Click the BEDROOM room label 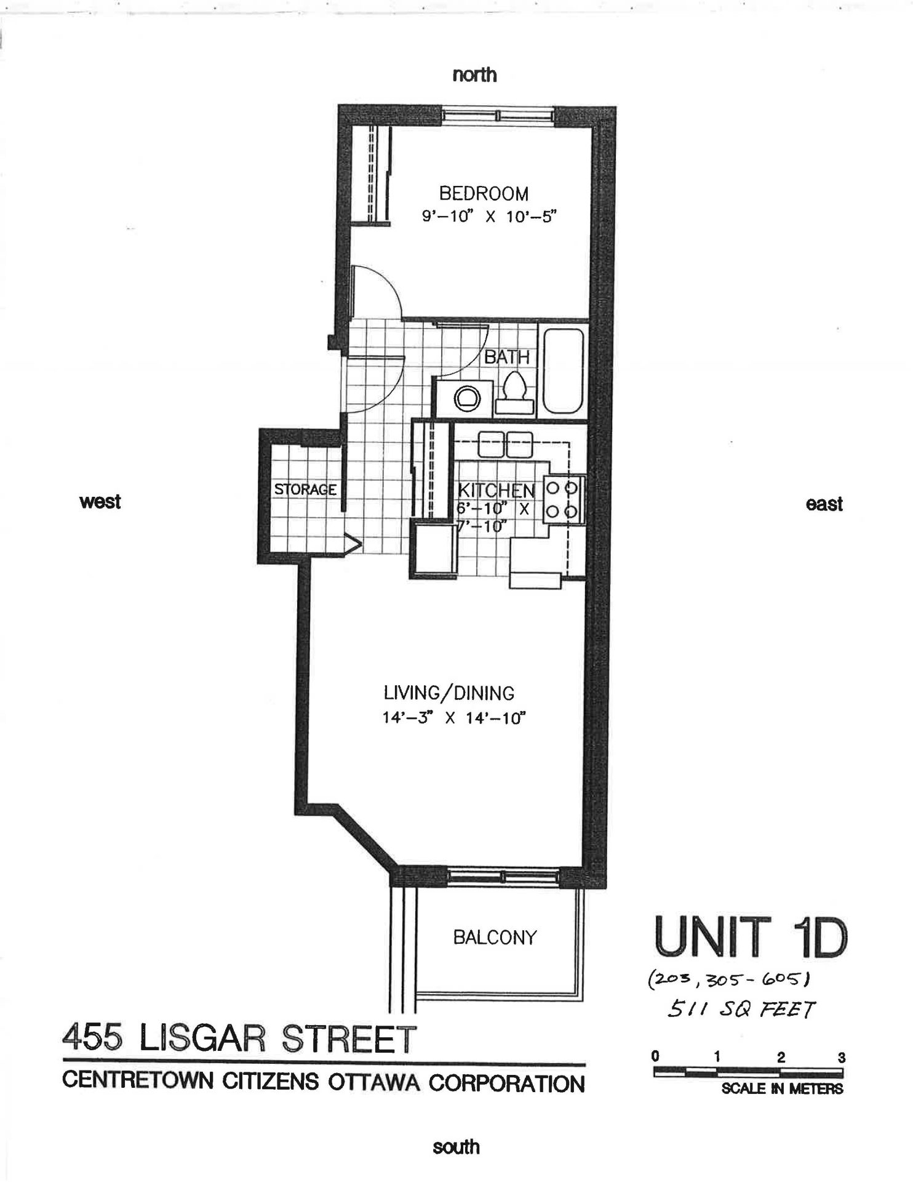tap(484, 194)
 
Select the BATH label tap(506, 357)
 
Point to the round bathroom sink tap(466, 399)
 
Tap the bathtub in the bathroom tap(563, 371)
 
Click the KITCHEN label tap(496, 490)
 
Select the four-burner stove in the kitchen tap(562, 499)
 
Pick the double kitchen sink tap(505, 444)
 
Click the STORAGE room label tap(305, 490)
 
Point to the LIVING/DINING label tap(449, 693)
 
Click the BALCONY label tap(495, 938)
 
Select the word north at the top tap(474, 75)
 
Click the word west tap(100, 502)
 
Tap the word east tap(824, 504)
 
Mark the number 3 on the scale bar tap(841, 1058)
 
